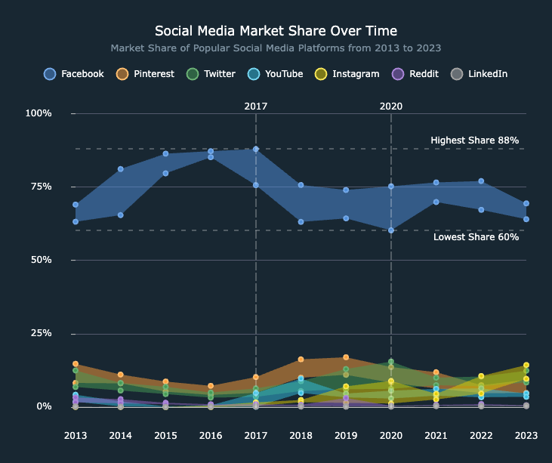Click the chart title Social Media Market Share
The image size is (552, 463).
276,31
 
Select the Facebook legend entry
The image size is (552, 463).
74,74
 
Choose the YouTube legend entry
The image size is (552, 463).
276,74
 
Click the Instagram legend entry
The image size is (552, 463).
347,74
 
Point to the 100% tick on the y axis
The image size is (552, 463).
39,113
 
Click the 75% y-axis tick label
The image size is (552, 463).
39,187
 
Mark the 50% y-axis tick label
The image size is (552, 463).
39,260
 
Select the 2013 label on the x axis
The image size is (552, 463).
76,435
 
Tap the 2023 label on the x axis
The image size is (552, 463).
526,435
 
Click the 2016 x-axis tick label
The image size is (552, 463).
211,435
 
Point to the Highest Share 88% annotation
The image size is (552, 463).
474,140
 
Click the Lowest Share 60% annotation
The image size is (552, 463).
476,237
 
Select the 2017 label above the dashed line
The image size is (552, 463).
256,106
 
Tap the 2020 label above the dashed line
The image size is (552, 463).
391,106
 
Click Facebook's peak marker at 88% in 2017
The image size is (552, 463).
256,149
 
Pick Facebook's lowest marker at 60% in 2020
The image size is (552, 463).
391,230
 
